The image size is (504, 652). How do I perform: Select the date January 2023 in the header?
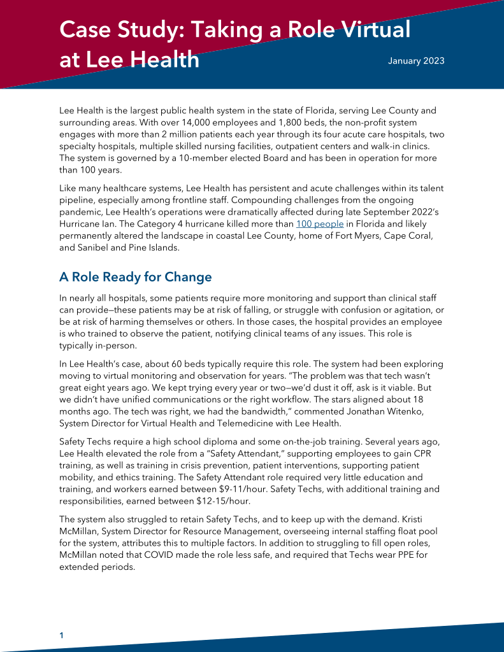pos(416,61)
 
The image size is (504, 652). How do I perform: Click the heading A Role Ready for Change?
pos(135,277)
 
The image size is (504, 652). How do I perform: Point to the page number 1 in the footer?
pos(61,635)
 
